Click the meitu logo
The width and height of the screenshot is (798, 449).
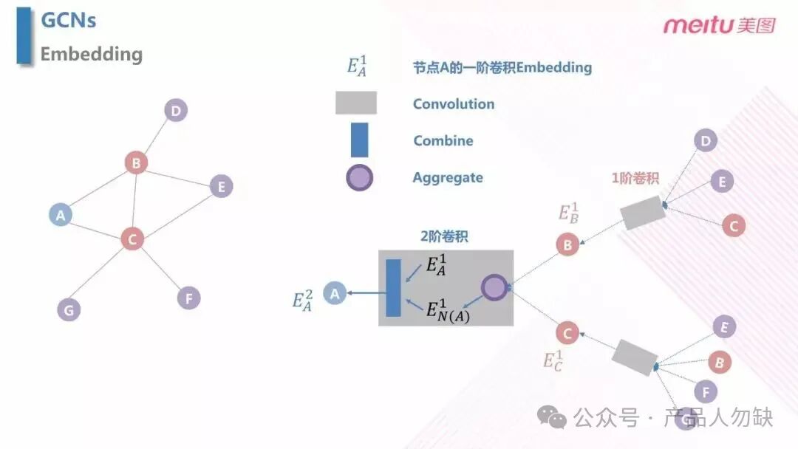719,24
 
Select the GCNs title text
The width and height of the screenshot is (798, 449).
68,21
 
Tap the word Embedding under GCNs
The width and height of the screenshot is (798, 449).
91,54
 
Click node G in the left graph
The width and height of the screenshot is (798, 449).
69,309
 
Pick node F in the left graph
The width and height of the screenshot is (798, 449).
189,298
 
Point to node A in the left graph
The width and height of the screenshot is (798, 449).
61,215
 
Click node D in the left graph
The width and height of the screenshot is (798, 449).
176,110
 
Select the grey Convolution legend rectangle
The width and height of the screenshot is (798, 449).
356,103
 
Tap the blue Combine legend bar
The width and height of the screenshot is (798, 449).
359,140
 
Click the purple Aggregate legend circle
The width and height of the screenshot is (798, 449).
359,177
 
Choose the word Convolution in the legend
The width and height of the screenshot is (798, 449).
454,103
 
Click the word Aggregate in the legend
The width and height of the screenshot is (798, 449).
448,177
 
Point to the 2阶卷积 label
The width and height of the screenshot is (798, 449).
444,236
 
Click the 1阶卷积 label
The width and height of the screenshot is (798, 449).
635,178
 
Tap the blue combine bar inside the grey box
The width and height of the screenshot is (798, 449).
393,288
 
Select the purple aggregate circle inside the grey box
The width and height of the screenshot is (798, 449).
494,287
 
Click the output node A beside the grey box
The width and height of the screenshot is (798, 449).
335,293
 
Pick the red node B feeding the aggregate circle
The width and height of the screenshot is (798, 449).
567,244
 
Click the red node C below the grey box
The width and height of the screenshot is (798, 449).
567,333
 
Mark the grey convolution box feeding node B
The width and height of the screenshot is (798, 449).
643,213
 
